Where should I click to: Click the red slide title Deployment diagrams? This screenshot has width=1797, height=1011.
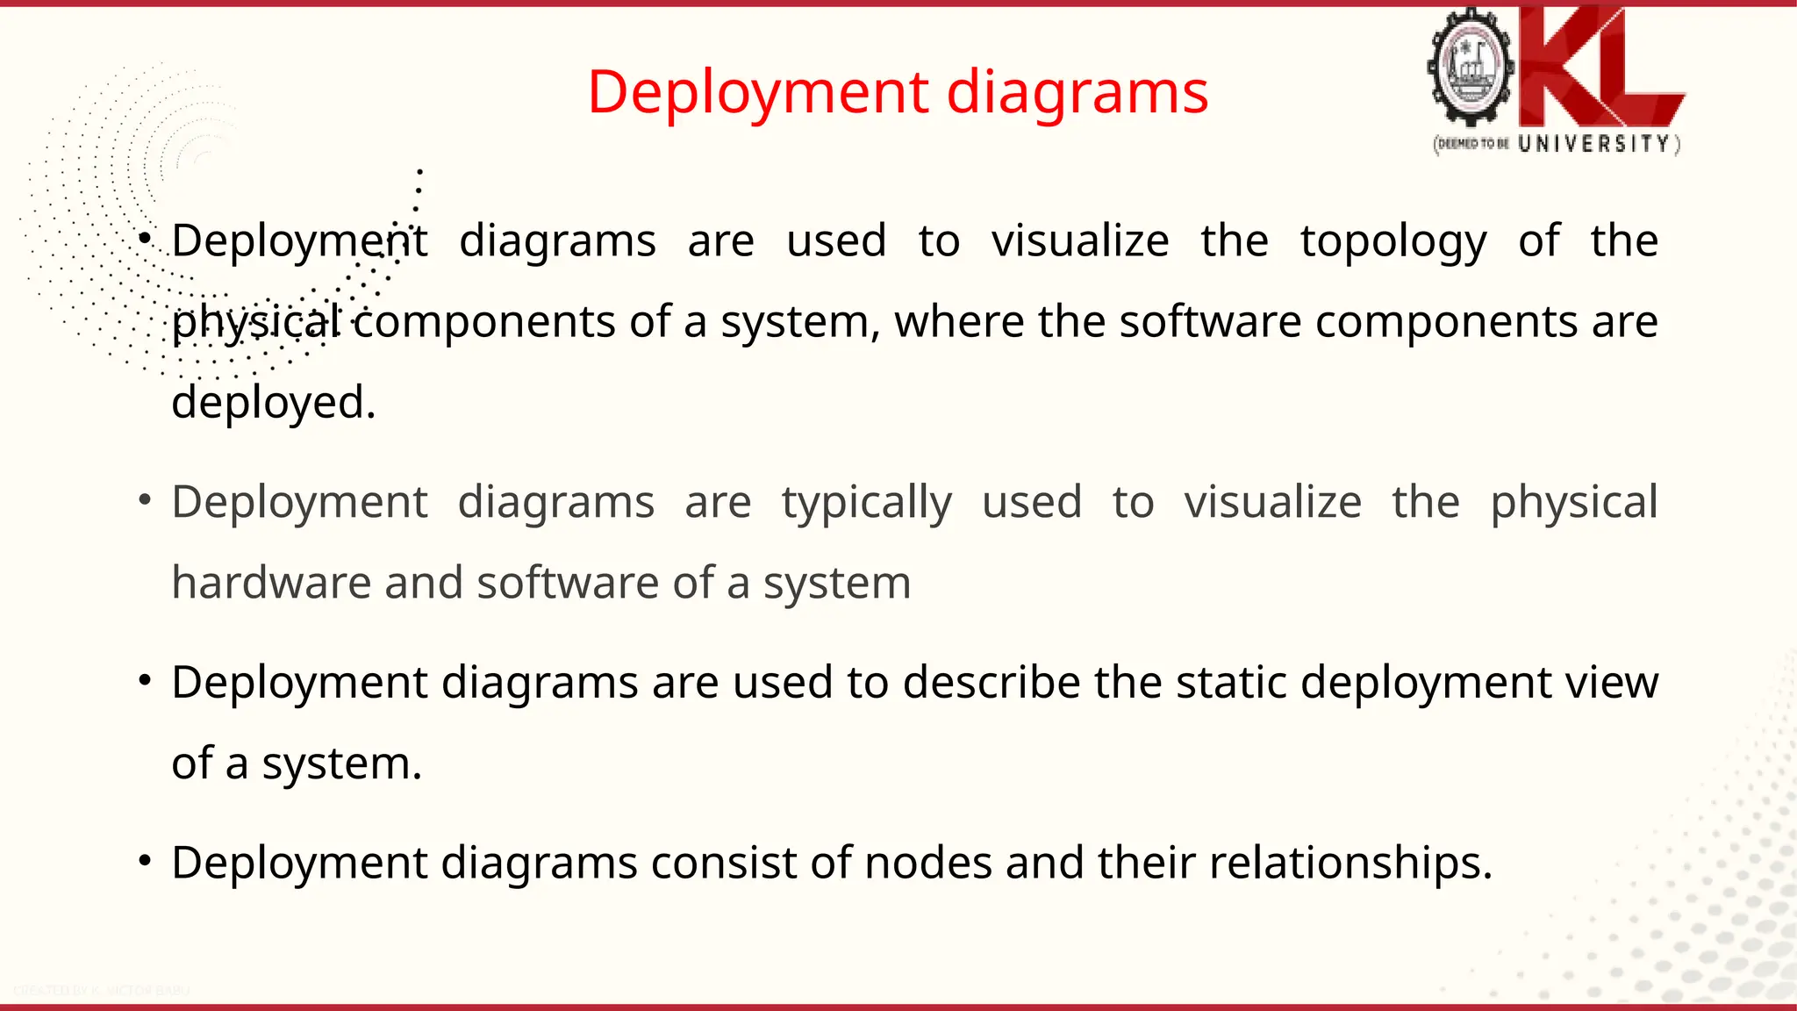coord(898,92)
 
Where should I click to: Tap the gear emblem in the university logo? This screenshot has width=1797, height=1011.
coord(1471,69)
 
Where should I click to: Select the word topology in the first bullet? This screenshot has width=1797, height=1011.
coord(1393,241)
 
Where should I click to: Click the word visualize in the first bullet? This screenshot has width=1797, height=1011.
coord(1080,240)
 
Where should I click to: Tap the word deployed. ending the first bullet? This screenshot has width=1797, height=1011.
coord(273,403)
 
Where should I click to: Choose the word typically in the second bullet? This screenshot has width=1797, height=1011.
coord(866,503)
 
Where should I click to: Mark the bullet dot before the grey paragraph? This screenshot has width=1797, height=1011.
coord(146,500)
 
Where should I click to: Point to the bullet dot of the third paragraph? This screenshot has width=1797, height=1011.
coord(146,680)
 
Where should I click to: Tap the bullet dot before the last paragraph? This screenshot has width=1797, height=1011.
coord(146,860)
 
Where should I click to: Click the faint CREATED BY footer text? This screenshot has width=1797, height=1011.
coord(101,991)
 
